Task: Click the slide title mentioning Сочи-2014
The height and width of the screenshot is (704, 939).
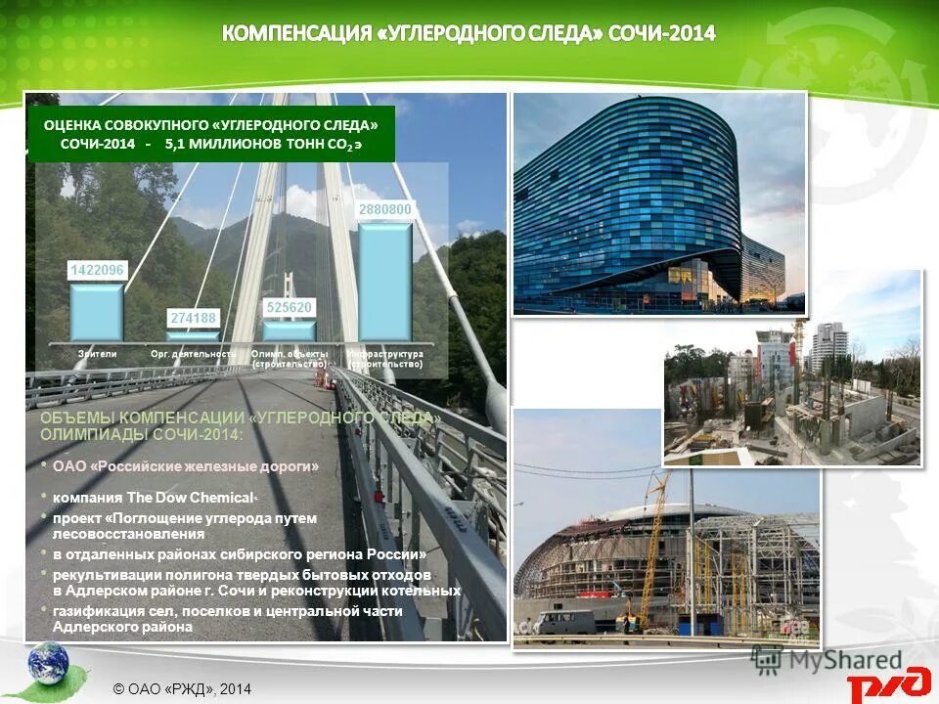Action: pos(469,34)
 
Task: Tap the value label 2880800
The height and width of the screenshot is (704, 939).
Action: pos(384,209)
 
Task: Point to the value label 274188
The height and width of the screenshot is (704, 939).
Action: pos(193,317)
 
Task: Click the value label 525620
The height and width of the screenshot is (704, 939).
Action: pos(289,307)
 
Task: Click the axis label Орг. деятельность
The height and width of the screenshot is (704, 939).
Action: pos(193,353)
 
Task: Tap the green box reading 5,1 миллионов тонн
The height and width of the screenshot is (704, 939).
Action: pos(211,134)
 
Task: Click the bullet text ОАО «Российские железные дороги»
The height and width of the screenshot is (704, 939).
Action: pos(186,466)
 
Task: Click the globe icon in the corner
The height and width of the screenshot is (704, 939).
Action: pos(48,664)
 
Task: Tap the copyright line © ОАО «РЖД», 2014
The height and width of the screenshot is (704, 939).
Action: pos(182,689)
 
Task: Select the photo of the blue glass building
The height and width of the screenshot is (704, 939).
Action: pos(658,203)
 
